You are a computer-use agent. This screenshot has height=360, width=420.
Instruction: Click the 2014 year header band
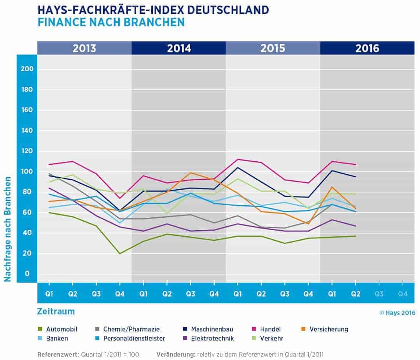click(x=179, y=48)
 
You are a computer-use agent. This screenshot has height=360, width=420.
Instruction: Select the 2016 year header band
click(x=367, y=48)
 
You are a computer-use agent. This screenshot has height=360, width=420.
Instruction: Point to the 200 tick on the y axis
click(x=29, y=69)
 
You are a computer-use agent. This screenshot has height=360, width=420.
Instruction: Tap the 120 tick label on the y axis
click(x=29, y=151)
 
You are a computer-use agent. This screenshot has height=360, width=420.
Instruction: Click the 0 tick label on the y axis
click(x=27, y=274)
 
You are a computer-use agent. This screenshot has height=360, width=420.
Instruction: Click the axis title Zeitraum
click(x=56, y=311)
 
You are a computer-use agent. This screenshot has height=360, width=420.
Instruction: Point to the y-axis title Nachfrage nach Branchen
click(x=7, y=229)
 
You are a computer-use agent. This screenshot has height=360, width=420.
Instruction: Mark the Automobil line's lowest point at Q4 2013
click(x=120, y=253)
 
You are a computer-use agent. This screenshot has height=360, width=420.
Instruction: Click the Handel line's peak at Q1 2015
click(x=238, y=159)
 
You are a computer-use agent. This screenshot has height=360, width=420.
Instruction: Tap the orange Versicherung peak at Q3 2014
click(x=191, y=173)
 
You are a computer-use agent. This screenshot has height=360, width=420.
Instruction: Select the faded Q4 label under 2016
click(x=402, y=294)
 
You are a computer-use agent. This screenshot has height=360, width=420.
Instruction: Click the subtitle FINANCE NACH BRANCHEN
click(x=111, y=22)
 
